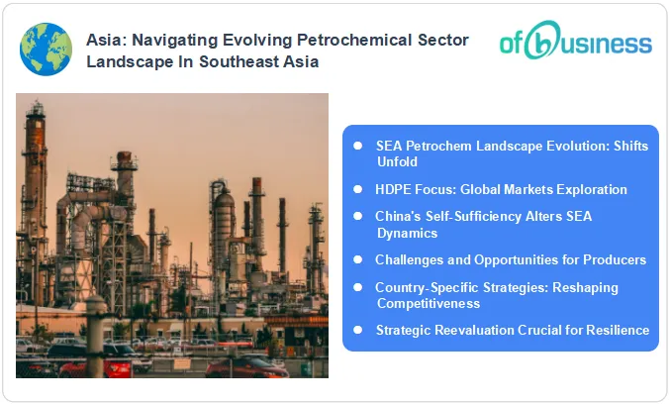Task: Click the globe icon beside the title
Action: [46, 50]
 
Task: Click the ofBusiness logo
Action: [575, 44]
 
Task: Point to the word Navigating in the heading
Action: [182, 40]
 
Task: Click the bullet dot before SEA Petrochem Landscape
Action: [358, 145]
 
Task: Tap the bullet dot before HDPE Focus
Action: [358, 188]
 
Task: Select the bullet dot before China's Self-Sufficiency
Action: [358, 215]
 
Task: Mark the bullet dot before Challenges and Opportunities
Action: [358, 259]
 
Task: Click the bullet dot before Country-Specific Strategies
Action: [358, 287]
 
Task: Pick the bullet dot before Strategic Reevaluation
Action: [358, 330]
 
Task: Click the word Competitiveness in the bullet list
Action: [428, 303]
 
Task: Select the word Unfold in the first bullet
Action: [397, 160]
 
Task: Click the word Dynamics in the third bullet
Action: [408, 232]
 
